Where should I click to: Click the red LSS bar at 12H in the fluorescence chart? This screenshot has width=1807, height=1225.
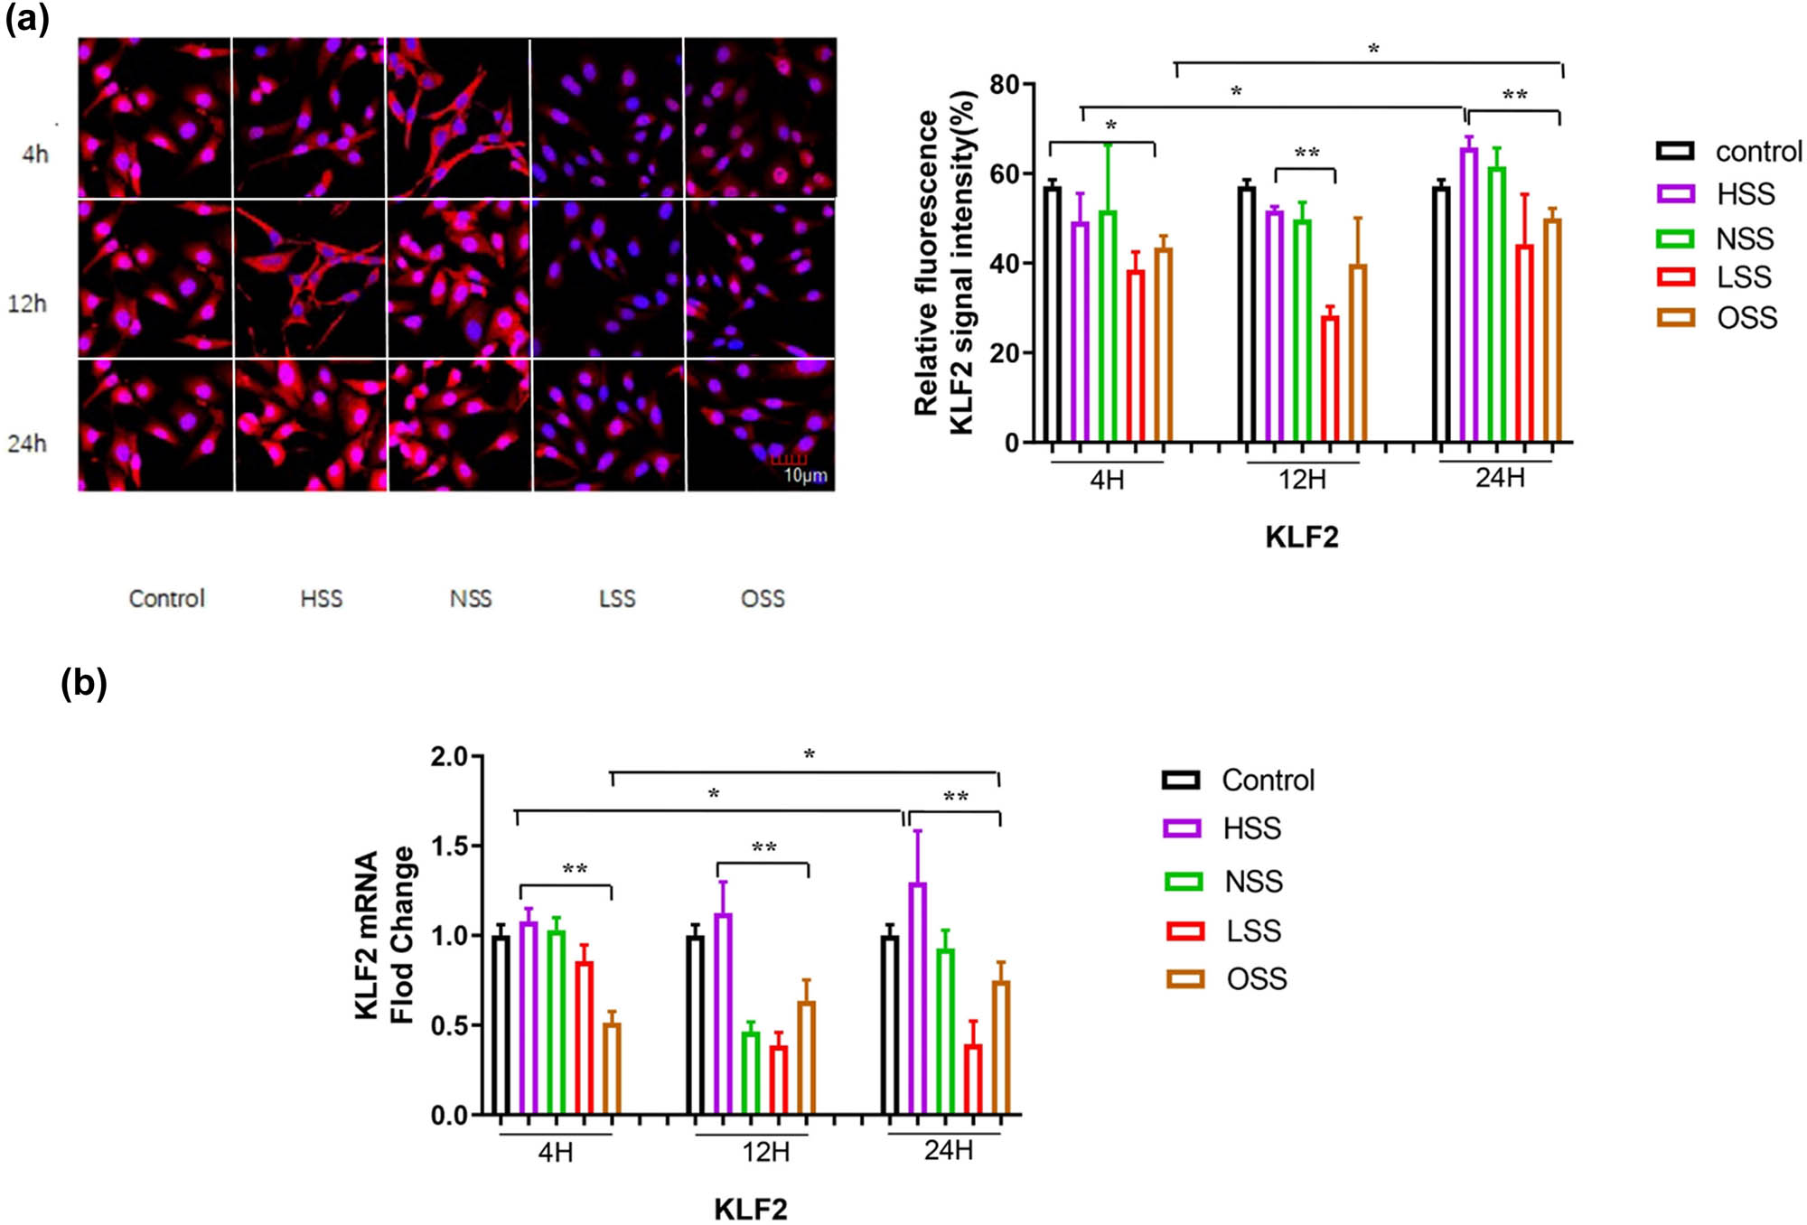[x=1330, y=379]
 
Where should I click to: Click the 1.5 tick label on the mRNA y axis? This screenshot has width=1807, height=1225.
[x=449, y=846]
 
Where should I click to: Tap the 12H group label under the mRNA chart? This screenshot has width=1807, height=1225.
[x=766, y=1153]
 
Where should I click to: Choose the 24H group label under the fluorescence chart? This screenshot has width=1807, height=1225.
[x=1500, y=478]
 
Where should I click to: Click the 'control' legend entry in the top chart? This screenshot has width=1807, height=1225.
[x=1758, y=152]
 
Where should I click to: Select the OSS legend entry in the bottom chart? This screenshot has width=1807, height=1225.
[x=1256, y=979]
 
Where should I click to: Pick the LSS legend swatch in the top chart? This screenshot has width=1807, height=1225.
[x=1675, y=277]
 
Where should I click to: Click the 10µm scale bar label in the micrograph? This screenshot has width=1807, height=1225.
[x=804, y=476]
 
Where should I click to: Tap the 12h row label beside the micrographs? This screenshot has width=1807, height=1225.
[x=27, y=304]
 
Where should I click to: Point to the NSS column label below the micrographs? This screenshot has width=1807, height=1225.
[x=471, y=599]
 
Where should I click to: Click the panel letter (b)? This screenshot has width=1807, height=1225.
[x=83, y=683]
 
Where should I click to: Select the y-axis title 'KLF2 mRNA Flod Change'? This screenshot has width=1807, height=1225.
[x=385, y=935]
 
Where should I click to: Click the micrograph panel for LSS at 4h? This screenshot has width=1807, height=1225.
[x=607, y=117]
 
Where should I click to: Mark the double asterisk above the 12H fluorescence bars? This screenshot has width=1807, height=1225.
[x=1306, y=154]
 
